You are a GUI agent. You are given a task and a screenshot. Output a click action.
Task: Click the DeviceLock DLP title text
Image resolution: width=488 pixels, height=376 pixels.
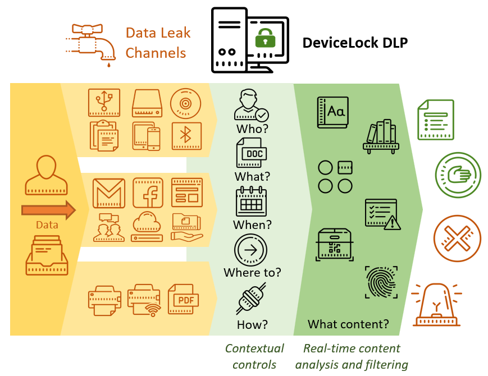click(355, 43)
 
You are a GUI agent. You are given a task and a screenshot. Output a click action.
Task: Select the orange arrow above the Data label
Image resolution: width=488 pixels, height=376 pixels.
click(48, 210)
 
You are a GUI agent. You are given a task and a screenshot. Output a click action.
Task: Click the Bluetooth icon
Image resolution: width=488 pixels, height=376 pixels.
click(186, 136)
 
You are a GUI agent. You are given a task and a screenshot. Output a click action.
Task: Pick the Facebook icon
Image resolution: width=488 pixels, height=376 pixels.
click(148, 192)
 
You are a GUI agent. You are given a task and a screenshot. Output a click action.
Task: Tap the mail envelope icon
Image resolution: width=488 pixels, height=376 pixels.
click(108, 193)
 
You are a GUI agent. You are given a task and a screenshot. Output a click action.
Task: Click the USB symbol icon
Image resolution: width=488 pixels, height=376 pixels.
click(104, 103)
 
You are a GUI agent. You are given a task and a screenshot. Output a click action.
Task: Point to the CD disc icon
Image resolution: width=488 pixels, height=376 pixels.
click(185, 103)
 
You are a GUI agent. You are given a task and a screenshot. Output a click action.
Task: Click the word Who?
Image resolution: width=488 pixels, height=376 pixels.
click(252, 129)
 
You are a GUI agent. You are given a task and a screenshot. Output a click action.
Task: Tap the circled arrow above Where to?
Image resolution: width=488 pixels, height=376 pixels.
click(250, 250)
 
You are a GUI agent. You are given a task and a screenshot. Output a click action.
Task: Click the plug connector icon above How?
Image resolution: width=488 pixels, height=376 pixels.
click(250, 298)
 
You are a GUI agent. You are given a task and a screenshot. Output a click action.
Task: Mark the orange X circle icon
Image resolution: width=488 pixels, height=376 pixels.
click(457, 239)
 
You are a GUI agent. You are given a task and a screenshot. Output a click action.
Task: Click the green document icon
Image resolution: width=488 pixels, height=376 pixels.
click(435, 120)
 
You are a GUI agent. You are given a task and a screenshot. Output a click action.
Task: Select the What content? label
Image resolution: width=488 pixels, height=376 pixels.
click(348, 324)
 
